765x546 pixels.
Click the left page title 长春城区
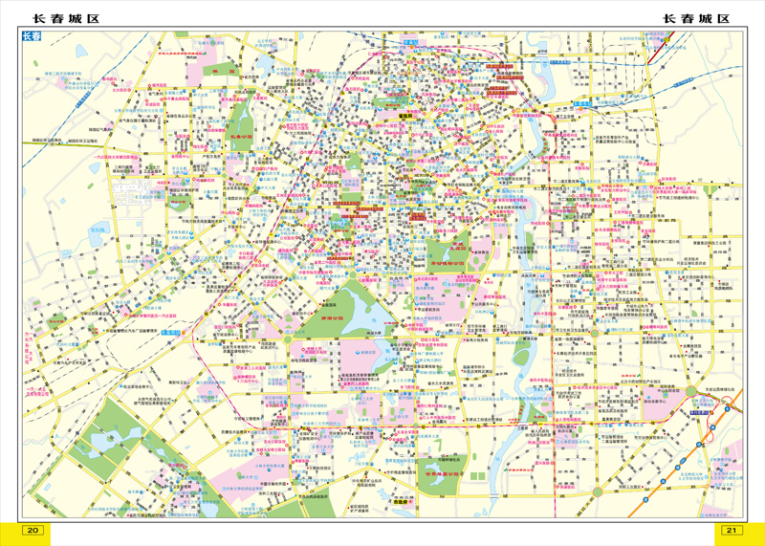point(66,18)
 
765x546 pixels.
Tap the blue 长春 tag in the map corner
point(32,37)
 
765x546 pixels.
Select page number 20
point(33,531)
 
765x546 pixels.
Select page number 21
point(732,531)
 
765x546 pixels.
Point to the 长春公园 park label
point(240,137)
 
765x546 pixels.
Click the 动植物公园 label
point(445,260)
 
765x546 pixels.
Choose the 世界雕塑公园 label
point(442,473)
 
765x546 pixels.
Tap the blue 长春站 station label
point(410,43)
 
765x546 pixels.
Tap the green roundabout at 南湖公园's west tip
point(287,339)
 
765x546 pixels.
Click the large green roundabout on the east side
point(690,391)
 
